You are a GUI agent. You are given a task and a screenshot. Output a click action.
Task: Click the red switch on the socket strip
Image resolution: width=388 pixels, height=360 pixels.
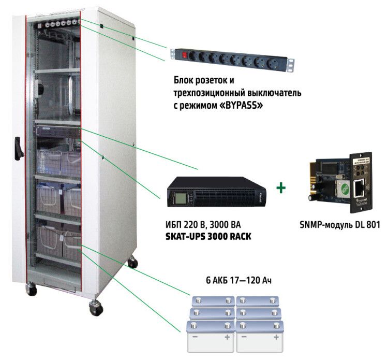(x=183, y=53)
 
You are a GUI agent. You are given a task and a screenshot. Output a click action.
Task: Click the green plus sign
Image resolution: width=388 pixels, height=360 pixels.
(x=280, y=188)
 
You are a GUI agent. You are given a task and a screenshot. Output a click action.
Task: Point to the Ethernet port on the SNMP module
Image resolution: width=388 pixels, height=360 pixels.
(x=359, y=187)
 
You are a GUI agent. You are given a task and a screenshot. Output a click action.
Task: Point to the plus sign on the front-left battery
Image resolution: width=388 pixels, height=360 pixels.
(x=227, y=338)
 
